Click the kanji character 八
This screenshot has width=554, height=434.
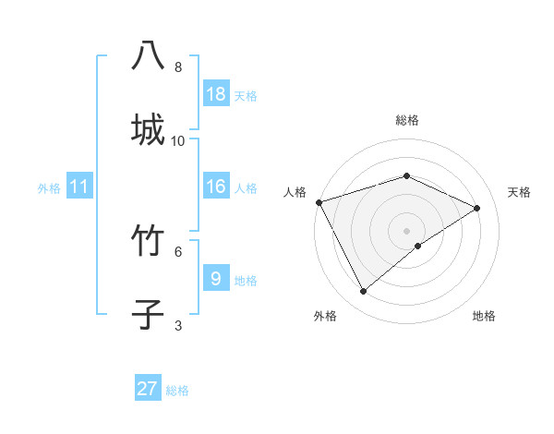coord(148,56)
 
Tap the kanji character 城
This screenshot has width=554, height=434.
coord(148,128)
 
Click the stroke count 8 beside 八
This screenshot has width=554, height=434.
coord(178,67)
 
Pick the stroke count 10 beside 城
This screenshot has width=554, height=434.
coord(178,140)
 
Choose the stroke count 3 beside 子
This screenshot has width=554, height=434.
coord(178,325)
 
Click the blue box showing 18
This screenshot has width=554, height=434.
coord(216,94)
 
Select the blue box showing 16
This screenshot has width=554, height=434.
coord(216,187)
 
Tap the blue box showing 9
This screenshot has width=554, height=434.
coord(216,278)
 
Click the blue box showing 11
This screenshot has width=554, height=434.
coord(79,187)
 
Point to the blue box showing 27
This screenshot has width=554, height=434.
coord(148,389)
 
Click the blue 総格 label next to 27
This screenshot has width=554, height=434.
coord(177,391)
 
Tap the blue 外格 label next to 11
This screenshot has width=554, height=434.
coord(49,188)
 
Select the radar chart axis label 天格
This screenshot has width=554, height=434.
coord(519,192)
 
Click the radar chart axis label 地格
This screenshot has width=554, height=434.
coord(484,316)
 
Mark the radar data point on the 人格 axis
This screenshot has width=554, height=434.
coord(319,202)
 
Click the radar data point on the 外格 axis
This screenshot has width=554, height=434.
coord(364,292)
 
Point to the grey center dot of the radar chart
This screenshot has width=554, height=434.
coord(406,231)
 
